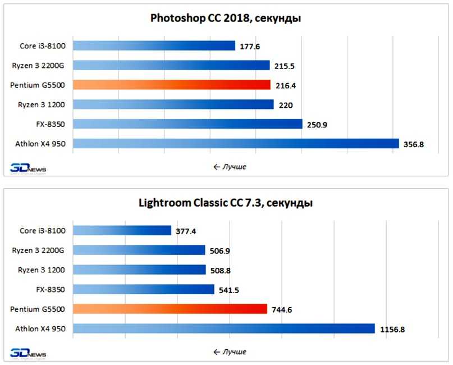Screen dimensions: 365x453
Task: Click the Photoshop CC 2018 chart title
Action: (x=226, y=18)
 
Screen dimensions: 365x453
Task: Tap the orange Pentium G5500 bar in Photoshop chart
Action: (x=172, y=85)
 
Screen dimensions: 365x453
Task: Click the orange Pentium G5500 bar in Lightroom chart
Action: (x=170, y=309)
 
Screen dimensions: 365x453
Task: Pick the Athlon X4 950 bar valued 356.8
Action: (x=236, y=144)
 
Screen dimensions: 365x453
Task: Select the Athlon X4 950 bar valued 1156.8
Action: (x=224, y=328)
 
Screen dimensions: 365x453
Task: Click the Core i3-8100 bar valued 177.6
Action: (x=154, y=46)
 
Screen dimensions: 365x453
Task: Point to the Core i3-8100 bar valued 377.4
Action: (x=122, y=230)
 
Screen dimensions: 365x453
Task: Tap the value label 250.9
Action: (x=318, y=124)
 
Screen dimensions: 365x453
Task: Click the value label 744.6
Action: (x=283, y=309)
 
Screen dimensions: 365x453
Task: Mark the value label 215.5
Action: (x=285, y=66)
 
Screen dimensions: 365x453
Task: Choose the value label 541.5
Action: (x=230, y=289)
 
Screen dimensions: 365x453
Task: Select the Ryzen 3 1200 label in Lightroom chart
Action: (x=42, y=270)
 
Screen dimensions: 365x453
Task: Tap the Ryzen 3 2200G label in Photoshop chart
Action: (x=38, y=65)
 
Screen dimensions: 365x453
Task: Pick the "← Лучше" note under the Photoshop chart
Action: (x=230, y=167)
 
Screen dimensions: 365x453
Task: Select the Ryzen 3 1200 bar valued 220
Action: (x=173, y=104)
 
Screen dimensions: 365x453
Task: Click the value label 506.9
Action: (x=221, y=250)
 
